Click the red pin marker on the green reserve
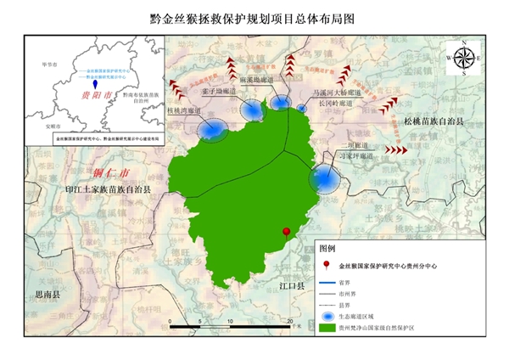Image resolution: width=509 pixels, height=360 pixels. coord(288,231)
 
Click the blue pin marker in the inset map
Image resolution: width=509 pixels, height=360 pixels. coord(95,85)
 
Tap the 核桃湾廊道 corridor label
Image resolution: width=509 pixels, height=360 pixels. coord(185,110)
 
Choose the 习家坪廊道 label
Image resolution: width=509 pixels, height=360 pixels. coord(355,156)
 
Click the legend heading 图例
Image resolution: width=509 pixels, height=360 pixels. coord(327,250)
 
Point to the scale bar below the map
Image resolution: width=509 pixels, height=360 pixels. coord(230,326)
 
